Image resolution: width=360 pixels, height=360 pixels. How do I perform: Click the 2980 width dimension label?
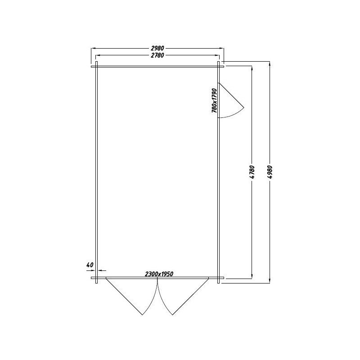point(157,48)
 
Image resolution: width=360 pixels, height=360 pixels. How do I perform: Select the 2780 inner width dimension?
point(157,55)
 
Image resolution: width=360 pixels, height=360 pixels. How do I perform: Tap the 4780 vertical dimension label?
point(252,172)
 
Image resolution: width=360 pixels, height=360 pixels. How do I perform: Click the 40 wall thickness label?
point(90,265)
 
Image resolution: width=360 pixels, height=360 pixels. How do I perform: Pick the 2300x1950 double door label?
point(159,274)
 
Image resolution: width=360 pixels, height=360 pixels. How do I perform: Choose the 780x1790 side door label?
point(214,100)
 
